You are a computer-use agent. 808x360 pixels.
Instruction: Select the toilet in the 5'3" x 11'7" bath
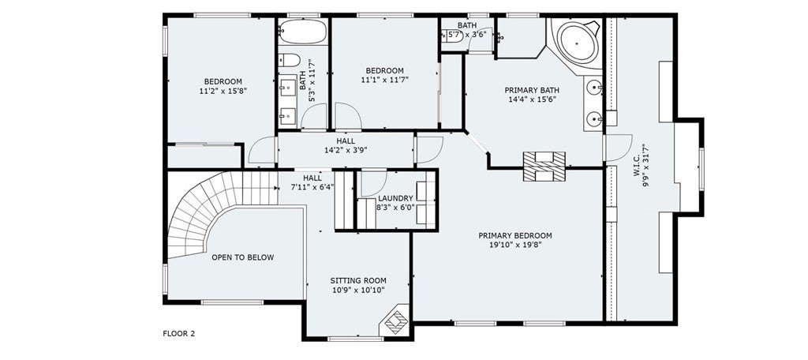(289, 60)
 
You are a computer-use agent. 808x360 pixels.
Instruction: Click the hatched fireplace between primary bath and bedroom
(544, 166)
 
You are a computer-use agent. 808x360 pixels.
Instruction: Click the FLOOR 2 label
(179, 334)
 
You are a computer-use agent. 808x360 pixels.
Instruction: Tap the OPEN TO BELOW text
(243, 257)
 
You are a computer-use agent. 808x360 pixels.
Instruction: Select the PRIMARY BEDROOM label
(514, 236)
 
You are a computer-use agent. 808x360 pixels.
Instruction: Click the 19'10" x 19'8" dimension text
(514, 245)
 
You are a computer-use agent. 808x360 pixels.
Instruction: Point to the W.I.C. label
(637, 163)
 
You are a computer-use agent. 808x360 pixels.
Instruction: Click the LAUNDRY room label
(395, 198)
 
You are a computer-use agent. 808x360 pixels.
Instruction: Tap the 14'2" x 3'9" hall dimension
(346, 150)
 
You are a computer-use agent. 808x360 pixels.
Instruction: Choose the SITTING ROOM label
(358, 280)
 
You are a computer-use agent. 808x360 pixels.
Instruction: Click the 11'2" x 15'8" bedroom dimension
(223, 91)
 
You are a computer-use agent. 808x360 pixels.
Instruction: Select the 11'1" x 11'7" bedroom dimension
(384, 80)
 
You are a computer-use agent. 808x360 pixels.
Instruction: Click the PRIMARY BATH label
(531, 90)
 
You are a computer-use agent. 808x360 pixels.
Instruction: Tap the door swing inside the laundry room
(373, 184)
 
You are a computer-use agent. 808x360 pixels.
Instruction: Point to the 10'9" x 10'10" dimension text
(358, 291)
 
